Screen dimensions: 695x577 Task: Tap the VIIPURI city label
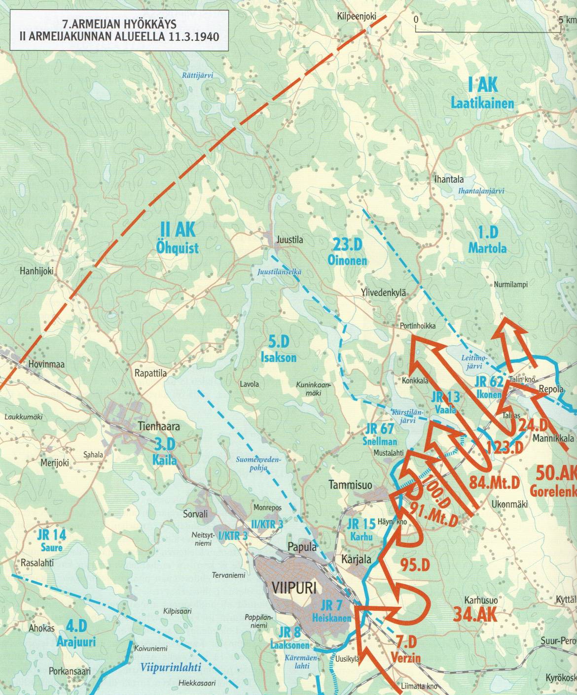click(x=293, y=587)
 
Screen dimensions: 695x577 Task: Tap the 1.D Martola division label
click(x=487, y=240)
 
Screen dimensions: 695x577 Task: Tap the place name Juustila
click(x=290, y=240)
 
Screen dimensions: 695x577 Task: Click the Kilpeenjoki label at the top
click(x=357, y=16)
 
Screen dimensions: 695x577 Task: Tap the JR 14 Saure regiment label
click(x=51, y=541)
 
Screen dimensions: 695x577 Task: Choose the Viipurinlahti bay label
click(x=170, y=668)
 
